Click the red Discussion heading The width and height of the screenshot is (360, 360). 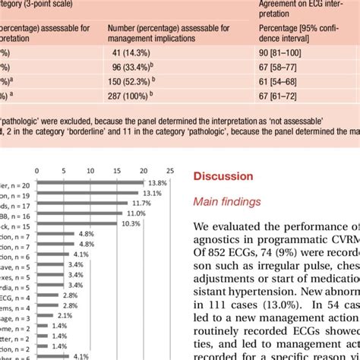click(223, 176)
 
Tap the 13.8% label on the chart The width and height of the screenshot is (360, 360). click(156, 183)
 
